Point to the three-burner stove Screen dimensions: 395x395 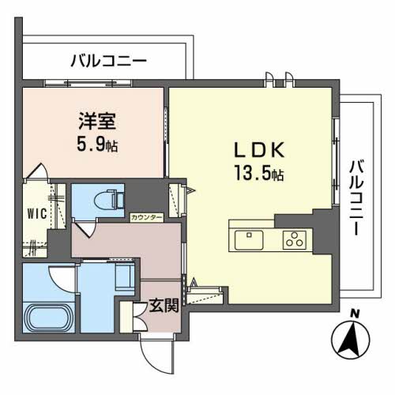(x=294, y=238)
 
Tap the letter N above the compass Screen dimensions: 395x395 (x=355, y=314)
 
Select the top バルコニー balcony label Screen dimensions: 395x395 (x=108, y=60)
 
